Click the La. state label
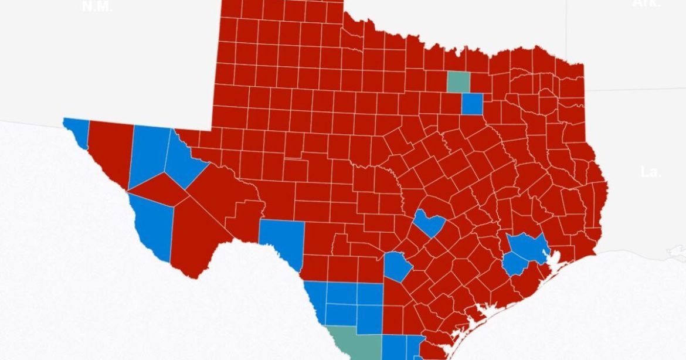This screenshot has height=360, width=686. [x=650, y=172]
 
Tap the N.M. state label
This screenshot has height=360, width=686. [x=97, y=6]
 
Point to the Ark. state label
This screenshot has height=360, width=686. [x=647, y=3]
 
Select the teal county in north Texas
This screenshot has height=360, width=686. [x=458, y=81]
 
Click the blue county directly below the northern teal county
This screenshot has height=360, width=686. [x=471, y=104]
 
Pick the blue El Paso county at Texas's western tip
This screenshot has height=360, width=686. [x=77, y=130]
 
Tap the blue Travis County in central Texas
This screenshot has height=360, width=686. [x=429, y=223]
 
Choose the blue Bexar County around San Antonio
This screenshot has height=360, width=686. [x=398, y=266]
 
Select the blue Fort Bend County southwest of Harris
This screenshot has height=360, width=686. [x=514, y=263]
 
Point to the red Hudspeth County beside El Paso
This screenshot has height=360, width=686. [x=111, y=150]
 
